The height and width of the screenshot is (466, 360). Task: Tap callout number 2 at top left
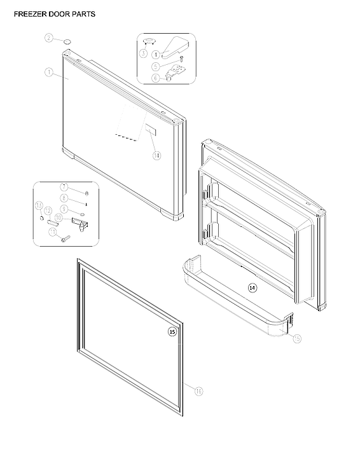point(48,39)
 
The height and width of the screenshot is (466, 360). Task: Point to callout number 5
point(156,66)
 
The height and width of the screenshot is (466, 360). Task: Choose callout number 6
point(156,78)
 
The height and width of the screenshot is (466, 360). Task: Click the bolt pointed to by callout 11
point(66,239)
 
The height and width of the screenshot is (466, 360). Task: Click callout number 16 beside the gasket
point(198,391)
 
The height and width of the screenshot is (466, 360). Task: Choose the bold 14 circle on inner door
point(253,288)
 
